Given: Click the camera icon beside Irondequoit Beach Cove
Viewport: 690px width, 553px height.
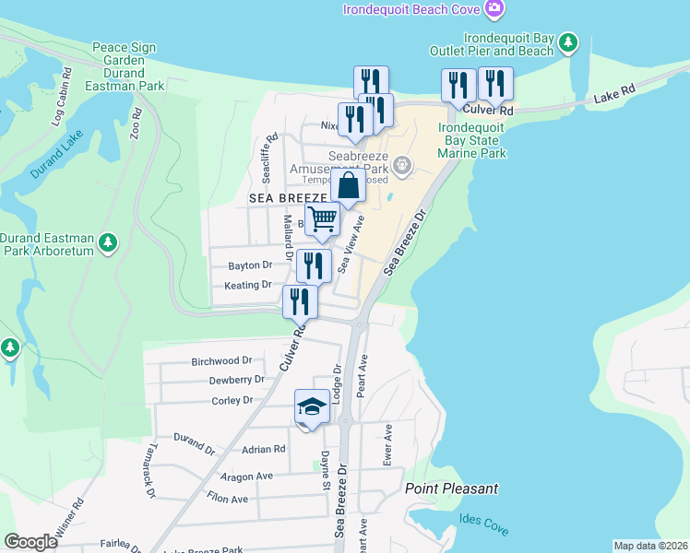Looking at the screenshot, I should (495, 9).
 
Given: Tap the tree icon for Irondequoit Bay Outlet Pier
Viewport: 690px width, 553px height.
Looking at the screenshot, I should (570, 42).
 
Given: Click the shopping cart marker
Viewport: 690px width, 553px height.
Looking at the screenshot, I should (323, 219).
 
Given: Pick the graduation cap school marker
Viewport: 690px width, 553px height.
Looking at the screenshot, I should (312, 406).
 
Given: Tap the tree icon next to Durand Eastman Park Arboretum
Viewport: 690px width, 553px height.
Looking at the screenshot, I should (109, 242).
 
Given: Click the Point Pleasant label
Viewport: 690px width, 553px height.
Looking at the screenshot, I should (452, 488).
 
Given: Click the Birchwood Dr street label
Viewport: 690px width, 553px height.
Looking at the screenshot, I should (221, 360).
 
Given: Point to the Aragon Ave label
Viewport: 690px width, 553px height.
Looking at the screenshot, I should (247, 477).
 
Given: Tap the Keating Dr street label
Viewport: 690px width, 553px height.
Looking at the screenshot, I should (248, 286).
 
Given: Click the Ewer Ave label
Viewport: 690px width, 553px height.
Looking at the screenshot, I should (388, 442).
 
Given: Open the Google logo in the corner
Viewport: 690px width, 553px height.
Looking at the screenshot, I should (31, 542).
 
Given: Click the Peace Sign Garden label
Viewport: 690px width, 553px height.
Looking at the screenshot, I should (124, 53).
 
